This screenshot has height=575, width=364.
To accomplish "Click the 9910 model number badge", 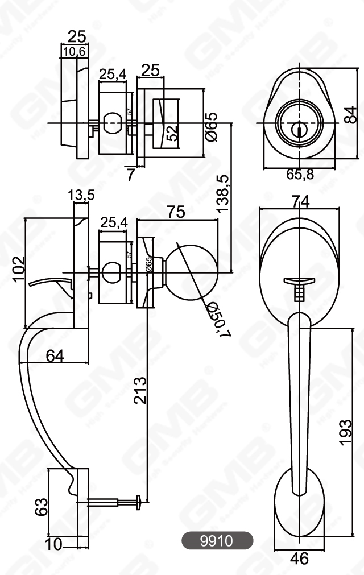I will [217, 540].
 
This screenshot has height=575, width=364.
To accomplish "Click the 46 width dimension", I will [296, 559].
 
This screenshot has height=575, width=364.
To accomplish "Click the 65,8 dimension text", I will [299, 175].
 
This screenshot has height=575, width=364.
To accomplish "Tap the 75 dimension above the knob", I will [176, 212].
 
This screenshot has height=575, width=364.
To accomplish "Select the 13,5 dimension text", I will [81, 196].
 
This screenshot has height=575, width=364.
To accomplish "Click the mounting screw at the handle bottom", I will [119, 502].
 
